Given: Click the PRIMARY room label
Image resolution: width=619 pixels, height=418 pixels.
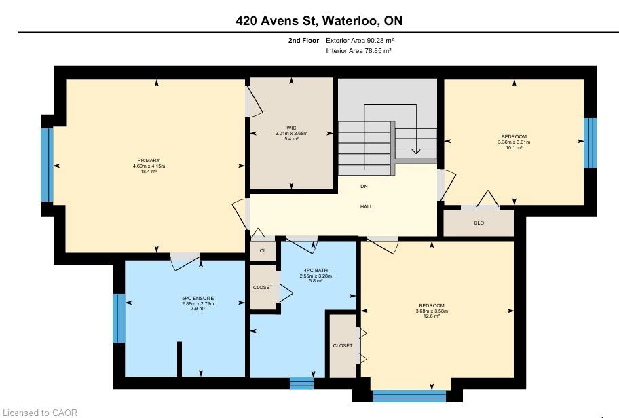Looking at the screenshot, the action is (149, 160).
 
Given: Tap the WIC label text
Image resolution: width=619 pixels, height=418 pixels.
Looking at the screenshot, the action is (291, 128).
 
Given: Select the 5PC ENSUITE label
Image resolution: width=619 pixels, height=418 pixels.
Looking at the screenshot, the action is (198, 299).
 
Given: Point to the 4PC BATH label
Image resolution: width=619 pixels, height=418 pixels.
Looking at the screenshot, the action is (316, 270).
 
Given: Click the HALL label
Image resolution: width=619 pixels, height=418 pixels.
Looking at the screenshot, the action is (366, 206).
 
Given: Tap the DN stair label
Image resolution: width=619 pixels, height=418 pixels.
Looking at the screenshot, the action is (364, 186).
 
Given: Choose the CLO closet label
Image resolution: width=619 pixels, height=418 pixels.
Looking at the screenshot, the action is (479, 223).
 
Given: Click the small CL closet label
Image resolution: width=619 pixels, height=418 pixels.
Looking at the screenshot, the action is (263, 250).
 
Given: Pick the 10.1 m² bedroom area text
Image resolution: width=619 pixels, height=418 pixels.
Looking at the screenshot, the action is (514, 148).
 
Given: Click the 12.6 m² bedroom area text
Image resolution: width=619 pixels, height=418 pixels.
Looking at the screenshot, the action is (432, 316).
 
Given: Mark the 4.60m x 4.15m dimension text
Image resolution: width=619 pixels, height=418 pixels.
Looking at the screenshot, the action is (149, 166).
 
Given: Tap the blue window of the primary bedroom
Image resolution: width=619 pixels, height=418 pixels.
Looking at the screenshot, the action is (47, 165).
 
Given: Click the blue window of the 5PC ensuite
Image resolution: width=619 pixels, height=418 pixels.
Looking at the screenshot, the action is (119, 318).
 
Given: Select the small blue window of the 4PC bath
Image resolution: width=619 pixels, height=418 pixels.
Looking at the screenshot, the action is (301, 383).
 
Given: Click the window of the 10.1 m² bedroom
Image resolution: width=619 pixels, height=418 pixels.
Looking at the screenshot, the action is (590, 143).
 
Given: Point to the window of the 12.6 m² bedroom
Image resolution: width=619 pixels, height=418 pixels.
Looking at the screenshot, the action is (409, 396).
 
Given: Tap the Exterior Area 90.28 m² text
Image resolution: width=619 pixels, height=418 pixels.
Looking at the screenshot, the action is (360, 40).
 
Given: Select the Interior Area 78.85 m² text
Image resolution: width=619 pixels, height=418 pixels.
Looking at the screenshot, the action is (358, 50).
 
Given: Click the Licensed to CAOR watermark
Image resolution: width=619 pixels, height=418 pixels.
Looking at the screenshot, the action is (39, 413).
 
